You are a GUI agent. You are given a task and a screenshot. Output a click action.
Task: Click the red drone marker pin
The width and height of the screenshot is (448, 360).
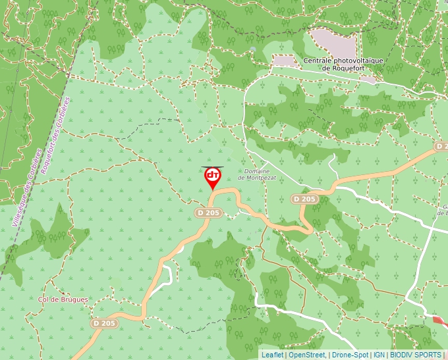(213, 176)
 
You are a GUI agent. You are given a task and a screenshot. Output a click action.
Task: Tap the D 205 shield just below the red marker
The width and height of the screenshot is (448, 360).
(208, 213)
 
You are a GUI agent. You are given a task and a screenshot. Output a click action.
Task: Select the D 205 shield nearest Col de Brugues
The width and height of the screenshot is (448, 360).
(104, 323)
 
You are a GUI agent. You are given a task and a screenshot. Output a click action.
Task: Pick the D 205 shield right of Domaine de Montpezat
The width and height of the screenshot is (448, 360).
(305, 199)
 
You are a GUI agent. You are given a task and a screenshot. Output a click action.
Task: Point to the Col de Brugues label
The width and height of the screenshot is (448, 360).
(63, 299)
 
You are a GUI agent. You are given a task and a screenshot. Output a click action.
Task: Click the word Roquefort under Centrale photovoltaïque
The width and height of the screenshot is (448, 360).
(342, 68)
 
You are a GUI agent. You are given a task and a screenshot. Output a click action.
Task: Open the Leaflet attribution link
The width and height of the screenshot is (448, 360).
(272, 355)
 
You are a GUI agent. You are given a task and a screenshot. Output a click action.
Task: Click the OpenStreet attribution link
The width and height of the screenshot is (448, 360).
(306, 355)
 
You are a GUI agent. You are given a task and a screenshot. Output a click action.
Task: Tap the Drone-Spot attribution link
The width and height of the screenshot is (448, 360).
(350, 355)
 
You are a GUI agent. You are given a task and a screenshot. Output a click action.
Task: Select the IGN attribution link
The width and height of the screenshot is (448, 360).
(379, 355)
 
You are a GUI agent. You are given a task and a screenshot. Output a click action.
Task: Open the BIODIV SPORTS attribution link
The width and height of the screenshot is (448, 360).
(415, 355)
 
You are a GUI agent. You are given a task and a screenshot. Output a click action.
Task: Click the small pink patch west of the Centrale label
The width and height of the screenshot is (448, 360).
(285, 61)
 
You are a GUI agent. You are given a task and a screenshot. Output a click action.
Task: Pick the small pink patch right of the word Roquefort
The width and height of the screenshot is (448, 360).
(368, 79)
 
